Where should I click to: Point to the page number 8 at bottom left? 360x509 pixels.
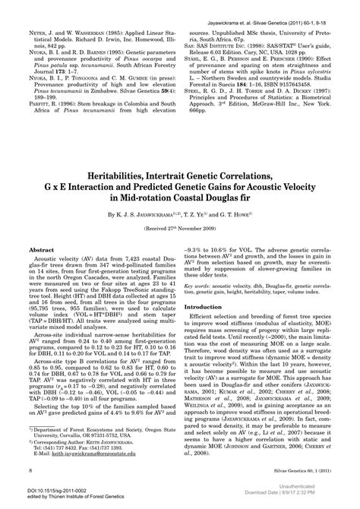click(x=29, y=472)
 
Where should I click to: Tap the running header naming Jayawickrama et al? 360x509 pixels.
click(x=263, y=6)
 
